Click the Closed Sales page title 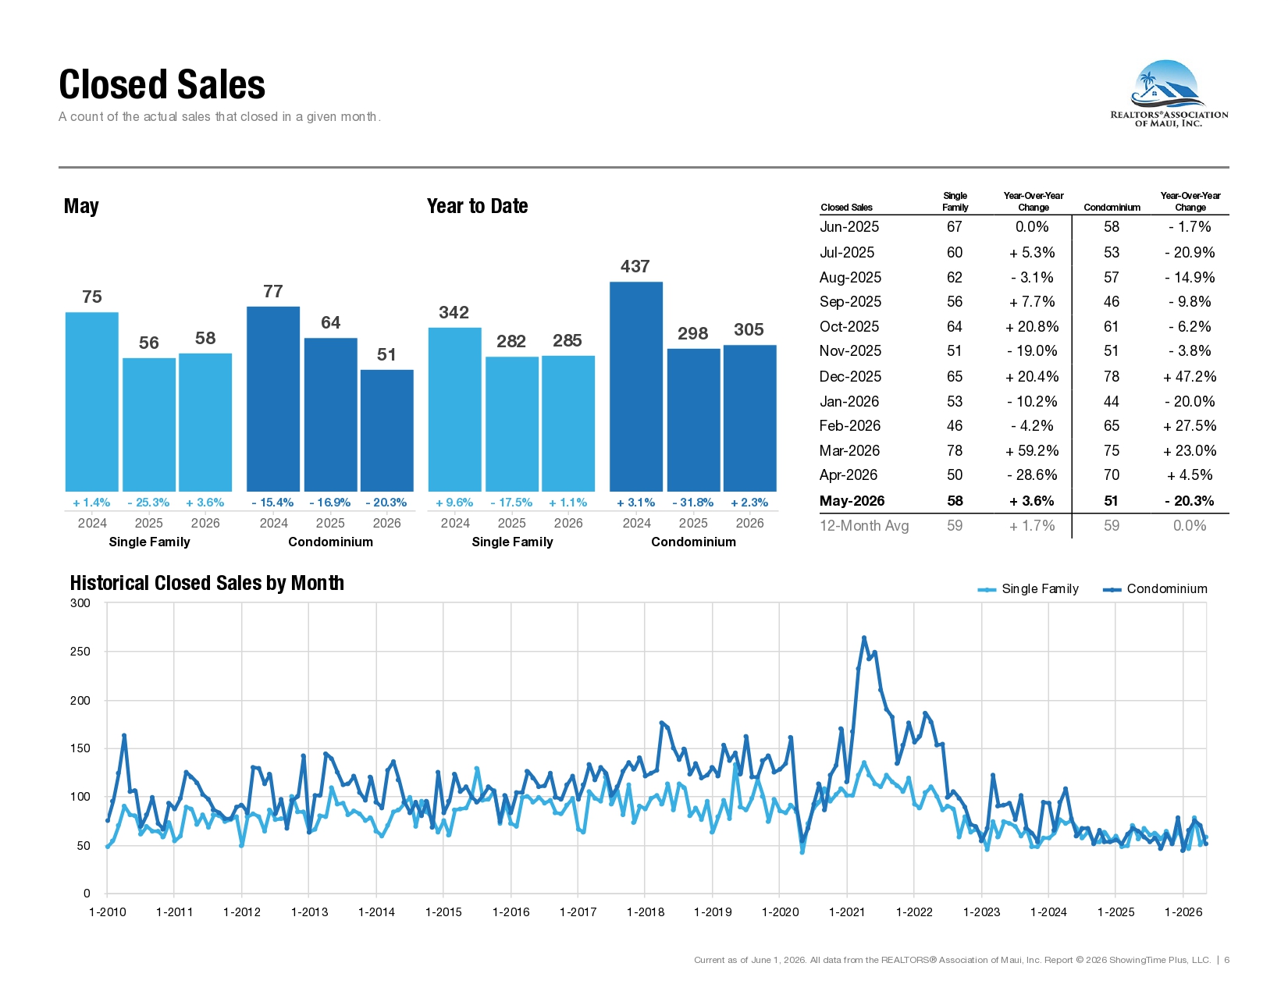point(162,84)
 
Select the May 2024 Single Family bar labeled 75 point(92,401)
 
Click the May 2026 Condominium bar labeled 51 point(387,430)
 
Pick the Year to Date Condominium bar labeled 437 point(636,386)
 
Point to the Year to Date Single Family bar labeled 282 point(512,424)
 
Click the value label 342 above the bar point(454,312)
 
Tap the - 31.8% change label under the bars point(693,503)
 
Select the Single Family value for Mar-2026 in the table point(955,450)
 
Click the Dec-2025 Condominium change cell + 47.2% point(1190,376)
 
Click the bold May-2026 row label point(852,501)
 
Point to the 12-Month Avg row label point(864,526)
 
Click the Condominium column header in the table point(1112,208)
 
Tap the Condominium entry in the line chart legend point(1155,589)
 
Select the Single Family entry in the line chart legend point(1028,589)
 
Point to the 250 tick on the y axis point(80,652)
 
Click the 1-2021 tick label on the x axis point(847,912)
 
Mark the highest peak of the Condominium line point(864,638)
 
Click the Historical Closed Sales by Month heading point(207,583)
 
